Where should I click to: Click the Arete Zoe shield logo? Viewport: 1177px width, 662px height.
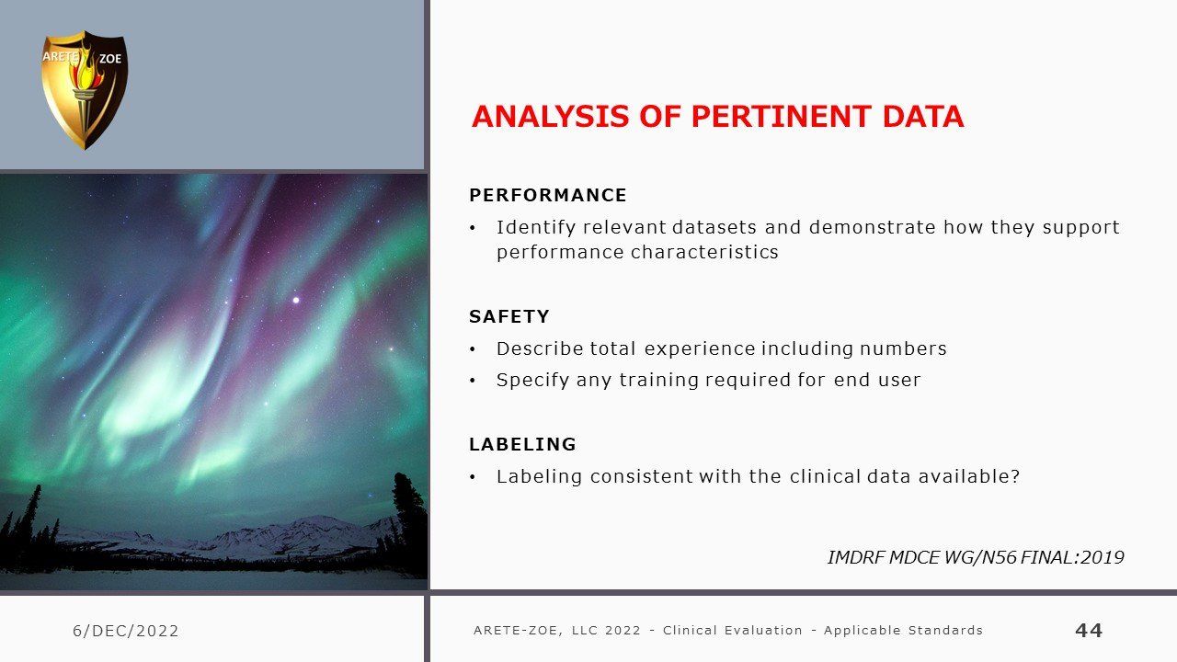tap(85, 90)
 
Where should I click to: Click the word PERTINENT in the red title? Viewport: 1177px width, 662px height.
tap(782, 117)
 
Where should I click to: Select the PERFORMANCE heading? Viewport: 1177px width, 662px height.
tap(547, 195)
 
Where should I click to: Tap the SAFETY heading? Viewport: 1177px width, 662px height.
tap(509, 316)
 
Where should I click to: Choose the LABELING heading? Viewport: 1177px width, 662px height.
tap(522, 444)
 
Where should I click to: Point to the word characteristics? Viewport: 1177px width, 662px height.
tap(704, 252)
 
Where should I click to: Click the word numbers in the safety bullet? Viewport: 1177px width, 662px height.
tap(903, 348)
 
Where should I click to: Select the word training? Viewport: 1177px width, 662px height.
tap(658, 381)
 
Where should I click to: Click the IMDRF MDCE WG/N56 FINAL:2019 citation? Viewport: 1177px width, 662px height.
tap(976, 557)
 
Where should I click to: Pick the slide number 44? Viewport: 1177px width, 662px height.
tap(1089, 630)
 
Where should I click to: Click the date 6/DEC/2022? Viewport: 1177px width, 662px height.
tap(126, 631)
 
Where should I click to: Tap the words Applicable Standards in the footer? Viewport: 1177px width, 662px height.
tap(903, 630)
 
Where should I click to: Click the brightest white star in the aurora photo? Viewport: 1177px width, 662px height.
tap(296, 300)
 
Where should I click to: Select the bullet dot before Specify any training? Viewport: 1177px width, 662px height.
tap(473, 381)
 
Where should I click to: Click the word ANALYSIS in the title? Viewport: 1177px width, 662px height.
tap(550, 117)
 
